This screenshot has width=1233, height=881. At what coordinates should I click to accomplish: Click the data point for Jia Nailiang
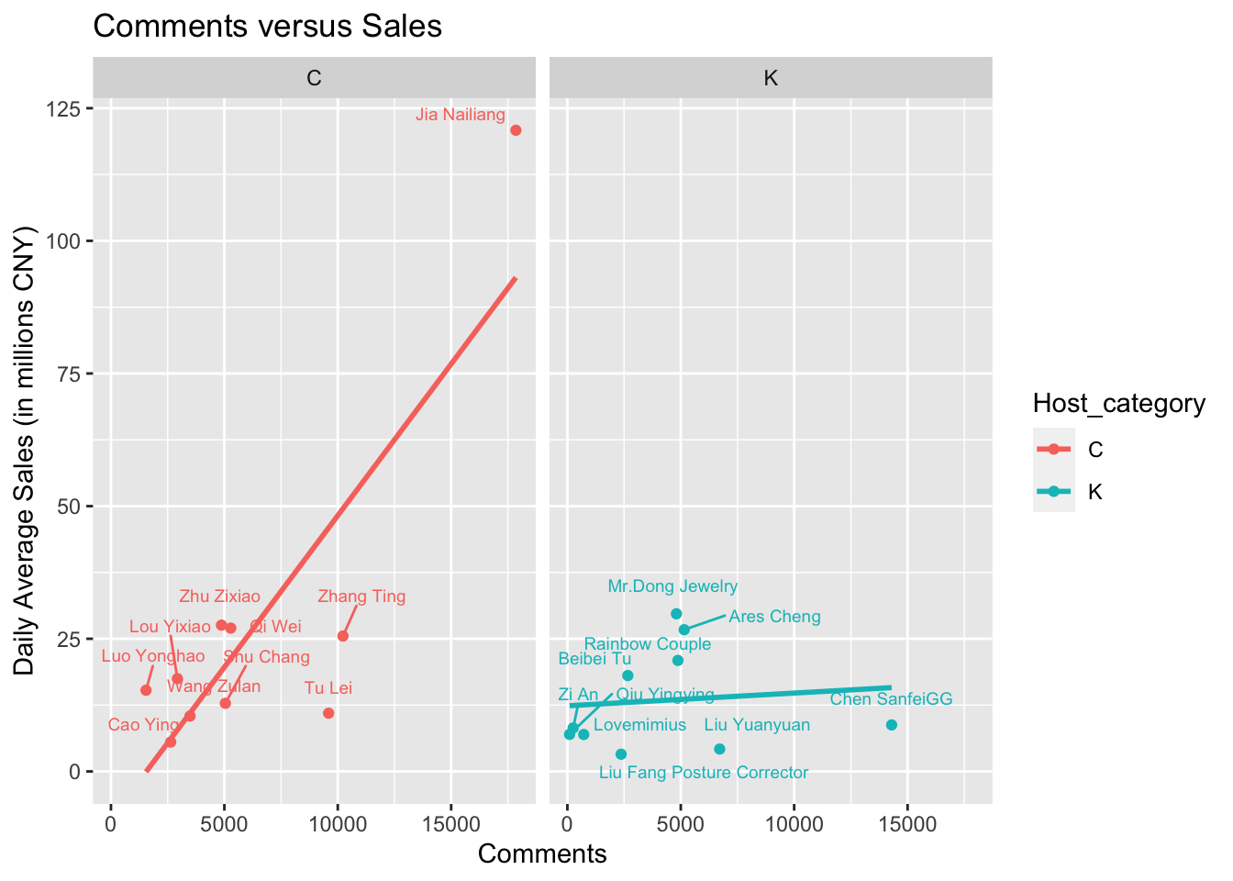[516, 130]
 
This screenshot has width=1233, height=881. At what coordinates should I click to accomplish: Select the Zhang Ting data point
[343, 636]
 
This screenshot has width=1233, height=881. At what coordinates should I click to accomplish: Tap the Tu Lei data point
[328, 713]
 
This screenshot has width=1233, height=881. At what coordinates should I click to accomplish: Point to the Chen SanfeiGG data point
[892, 725]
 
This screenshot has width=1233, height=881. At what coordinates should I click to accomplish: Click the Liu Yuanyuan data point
[719, 749]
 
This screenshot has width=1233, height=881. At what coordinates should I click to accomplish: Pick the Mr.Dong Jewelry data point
[676, 614]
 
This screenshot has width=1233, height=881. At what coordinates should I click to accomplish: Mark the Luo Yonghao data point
[146, 690]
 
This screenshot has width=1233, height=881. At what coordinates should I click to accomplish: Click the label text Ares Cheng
[774, 617]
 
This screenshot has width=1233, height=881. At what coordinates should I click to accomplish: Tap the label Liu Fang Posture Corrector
[704, 773]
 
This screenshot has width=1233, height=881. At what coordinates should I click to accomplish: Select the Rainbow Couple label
[648, 644]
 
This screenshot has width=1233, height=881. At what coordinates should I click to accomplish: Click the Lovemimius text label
[639, 725]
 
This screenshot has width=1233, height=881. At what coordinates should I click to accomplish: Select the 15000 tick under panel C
[450, 824]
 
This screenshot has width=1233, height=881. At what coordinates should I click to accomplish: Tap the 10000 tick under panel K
[794, 824]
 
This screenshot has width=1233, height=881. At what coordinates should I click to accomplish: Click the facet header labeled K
[771, 78]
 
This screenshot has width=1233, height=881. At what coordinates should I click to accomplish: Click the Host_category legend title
[1118, 403]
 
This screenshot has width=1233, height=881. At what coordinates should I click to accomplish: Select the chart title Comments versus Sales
[268, 27]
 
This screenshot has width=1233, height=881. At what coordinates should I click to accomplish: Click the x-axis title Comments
[542, 854]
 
